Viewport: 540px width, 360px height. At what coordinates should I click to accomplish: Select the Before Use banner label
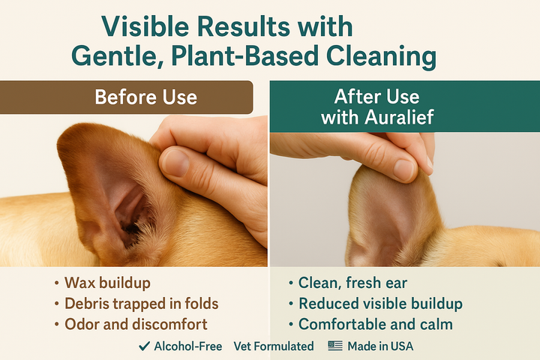click(x=145, y=97)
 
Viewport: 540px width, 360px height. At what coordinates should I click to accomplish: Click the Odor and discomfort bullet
click(x=135, y=325)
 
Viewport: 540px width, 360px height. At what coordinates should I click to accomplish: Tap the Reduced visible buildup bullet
click(x=380, y=304)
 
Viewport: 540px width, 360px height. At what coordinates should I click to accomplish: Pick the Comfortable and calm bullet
click(x=376, y=325)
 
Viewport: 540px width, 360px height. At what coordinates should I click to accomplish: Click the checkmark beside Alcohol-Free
click(x=144, y=346)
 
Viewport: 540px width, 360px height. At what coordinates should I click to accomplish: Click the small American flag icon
click(x=334, y=346)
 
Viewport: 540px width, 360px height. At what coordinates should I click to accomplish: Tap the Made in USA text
click(x=380, y=346)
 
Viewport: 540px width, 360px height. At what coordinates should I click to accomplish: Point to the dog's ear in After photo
click(x=382, y=225)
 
